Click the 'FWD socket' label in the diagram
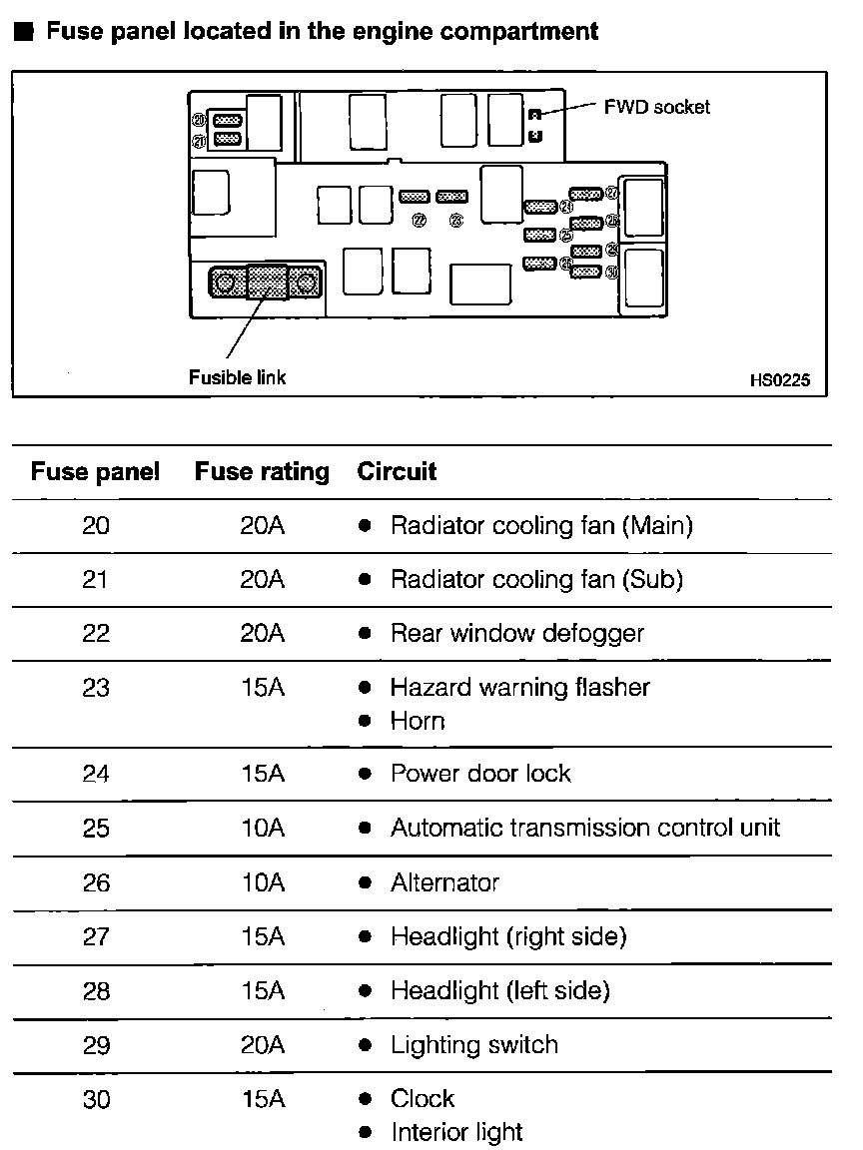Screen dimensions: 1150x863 (x=656, y=107)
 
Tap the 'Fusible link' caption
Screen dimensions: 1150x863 (x=237, y=377)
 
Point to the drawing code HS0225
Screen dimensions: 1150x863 (x=779, y=379)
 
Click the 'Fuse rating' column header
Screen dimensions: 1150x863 (x=262, y=472)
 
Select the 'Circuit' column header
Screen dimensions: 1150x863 (x=397, y=472)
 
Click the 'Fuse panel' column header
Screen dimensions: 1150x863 (x=95, y=472)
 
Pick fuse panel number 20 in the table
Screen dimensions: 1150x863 (x=96, y=525)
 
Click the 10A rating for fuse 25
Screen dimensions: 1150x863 (x=262, y=829)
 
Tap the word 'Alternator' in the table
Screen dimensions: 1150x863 (x=444, y=882)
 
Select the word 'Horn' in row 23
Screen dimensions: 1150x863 (x=418, y=721)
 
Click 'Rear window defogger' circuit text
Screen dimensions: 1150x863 (x=517, y=633)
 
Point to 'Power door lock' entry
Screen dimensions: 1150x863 (x=480, y=774)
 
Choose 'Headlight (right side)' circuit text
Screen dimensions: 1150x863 (x=508, y=936)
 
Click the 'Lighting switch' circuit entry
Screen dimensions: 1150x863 (x=474, y=1045)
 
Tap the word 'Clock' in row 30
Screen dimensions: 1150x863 (x=423, y=1099)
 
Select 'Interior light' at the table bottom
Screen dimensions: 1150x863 (x=456, y=1132)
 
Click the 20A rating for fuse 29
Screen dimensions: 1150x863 (x=262, y=1045)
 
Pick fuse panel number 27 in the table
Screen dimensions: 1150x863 (x=96, y=936)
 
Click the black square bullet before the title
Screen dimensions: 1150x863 (x=24, y=31)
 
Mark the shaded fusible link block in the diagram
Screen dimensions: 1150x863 (x=267, y=283)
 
